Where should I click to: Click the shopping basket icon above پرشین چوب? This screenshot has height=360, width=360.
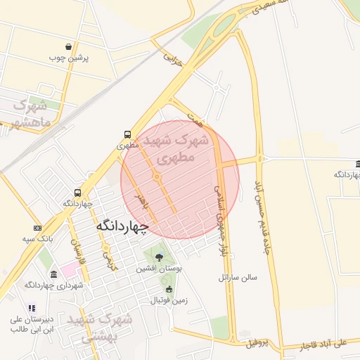(68, 46)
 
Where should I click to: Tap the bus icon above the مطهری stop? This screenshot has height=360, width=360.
(127, 134)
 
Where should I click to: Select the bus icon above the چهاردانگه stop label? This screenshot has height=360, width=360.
(77, 193)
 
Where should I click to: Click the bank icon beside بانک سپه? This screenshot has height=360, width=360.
(37, 228)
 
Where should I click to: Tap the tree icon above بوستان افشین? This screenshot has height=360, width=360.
(159, 257)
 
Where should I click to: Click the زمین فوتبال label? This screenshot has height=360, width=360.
(169, 300)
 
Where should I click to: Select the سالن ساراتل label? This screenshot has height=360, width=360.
(238, 277)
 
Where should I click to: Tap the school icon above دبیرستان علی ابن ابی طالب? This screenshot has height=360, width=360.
(31, 307)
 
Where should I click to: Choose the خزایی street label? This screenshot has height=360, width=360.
(173, 58)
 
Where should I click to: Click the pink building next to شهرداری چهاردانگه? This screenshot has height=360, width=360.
(65, 270)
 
